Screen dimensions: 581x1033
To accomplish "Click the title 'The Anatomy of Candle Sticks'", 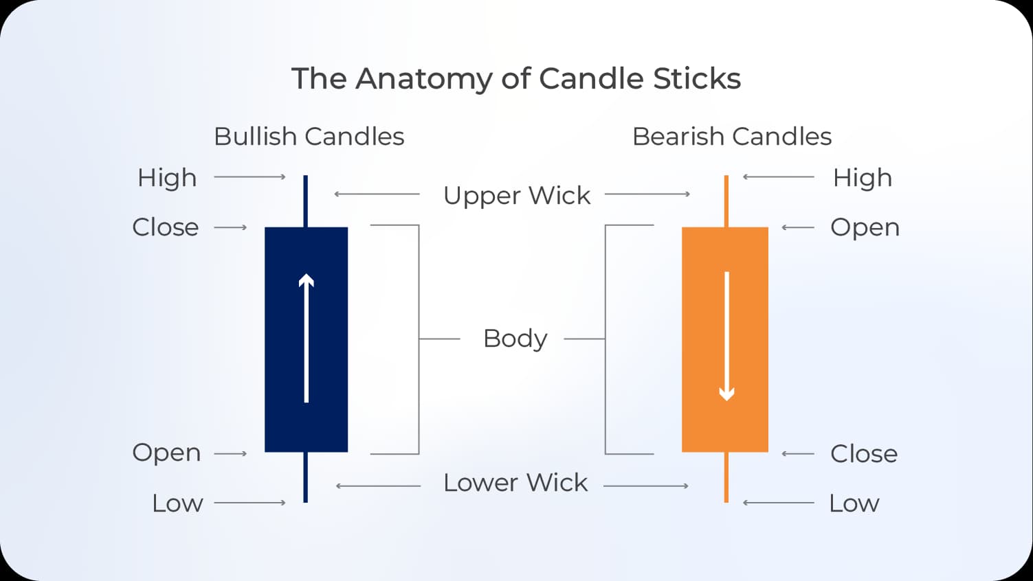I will (515, 78).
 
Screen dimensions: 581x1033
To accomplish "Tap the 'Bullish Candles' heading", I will (309, 137).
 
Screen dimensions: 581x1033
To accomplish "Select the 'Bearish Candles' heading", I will (731, 137).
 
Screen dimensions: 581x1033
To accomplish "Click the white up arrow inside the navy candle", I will (306, 338).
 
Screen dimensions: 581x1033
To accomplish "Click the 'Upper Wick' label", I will (516, 196).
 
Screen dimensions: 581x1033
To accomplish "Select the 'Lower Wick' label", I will (515, 483).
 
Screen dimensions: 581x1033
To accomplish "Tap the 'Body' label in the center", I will (515, 339).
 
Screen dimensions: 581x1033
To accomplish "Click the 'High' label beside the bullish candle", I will (167, 178).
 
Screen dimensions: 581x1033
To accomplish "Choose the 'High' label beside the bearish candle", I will (862, 178).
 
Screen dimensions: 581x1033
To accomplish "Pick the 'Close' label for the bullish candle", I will (165, 227).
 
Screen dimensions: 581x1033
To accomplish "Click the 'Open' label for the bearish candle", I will (865, 227).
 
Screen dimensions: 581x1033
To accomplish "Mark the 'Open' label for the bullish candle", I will (166, 453).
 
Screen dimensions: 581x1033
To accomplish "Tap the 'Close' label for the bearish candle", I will (863, 454).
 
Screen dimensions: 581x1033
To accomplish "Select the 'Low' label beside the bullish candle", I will (177, 503).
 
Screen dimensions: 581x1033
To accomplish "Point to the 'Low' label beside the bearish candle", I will (854, 503).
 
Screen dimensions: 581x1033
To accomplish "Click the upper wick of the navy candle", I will (305, 201).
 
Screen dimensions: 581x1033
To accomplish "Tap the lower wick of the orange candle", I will (726, 477).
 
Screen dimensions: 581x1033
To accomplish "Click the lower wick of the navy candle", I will (305, 477).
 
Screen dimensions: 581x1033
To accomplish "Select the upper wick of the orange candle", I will (726, 201).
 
